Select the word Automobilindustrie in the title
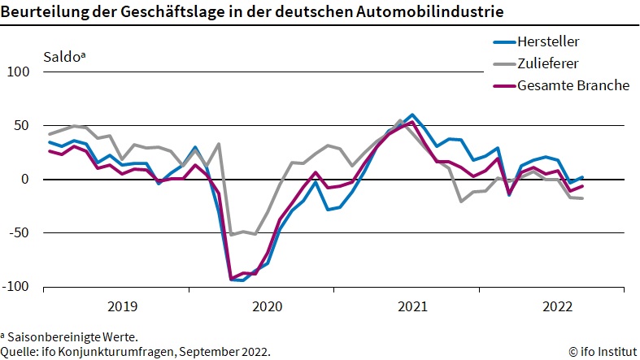pyautogui.click(x=431, y=12)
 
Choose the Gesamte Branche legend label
pyautogui.click(x=573, y=85)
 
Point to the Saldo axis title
pyautogui.click(x=64, y=57)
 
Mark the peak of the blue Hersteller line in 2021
pyautogui.click(x=412, y=115)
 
